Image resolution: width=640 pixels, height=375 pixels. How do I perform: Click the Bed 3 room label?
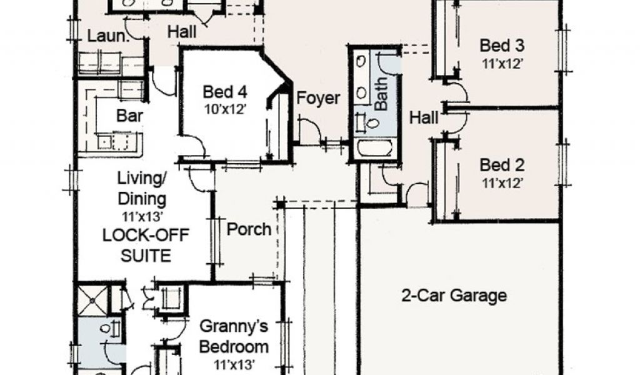[502, 46]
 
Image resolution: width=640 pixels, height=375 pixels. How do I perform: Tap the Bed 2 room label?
[501, 166]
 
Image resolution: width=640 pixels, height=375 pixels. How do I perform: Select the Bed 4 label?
[225, 92]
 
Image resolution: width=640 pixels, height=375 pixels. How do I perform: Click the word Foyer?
[318, 98]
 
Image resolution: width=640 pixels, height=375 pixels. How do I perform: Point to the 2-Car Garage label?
[453, 295]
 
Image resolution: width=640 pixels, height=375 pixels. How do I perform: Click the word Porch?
[249, 229]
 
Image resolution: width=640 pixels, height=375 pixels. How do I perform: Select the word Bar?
[131, 116]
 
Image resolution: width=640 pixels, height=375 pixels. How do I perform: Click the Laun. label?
[107, 36]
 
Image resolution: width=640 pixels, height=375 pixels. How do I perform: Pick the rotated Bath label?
[381, 94]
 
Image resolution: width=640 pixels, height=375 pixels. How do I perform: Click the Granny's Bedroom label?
[234, 336]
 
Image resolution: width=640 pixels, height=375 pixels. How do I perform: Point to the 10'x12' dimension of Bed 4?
[225, 107]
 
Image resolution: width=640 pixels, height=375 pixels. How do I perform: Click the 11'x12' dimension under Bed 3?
[502, 62]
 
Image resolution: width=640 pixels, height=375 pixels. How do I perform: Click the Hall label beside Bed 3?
[424, 117]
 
